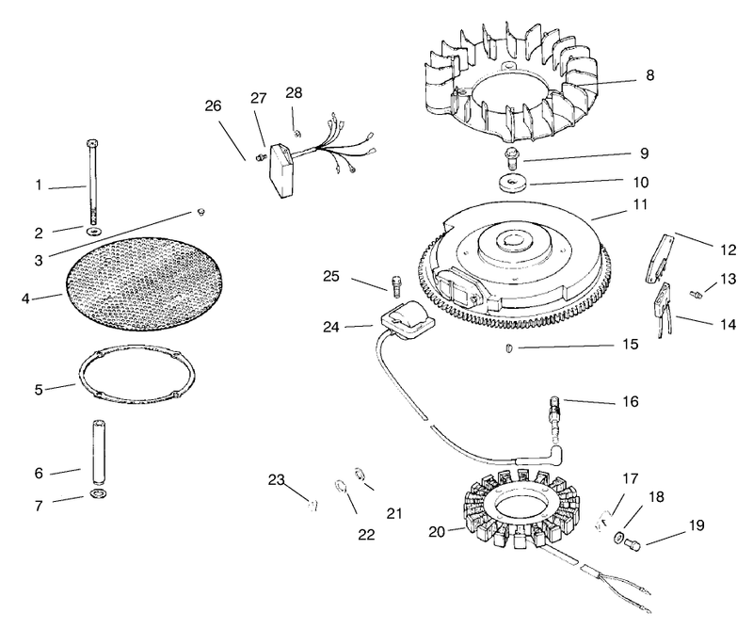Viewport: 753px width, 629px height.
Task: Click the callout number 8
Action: click(x=649, y=75)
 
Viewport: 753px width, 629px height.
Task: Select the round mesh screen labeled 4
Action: click(x=145, y=282)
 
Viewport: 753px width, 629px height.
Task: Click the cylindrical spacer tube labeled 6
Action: click(x=99, y=452)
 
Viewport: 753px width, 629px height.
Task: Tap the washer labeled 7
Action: click(x=99, y=493)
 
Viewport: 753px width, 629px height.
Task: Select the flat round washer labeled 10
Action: click(x=513, y=185)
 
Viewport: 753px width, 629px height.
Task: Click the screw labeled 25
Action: click(x=396, y=286)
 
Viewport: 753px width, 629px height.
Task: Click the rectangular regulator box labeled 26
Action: click(x=280, y=172)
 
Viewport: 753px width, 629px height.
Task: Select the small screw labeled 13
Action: click(x=696, y=294)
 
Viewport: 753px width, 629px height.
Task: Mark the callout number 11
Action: click(x=640, y=204)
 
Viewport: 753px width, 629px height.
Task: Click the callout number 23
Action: click(x=276, y=480)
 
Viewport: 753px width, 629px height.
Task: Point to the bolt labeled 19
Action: click(x=633, y=544)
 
